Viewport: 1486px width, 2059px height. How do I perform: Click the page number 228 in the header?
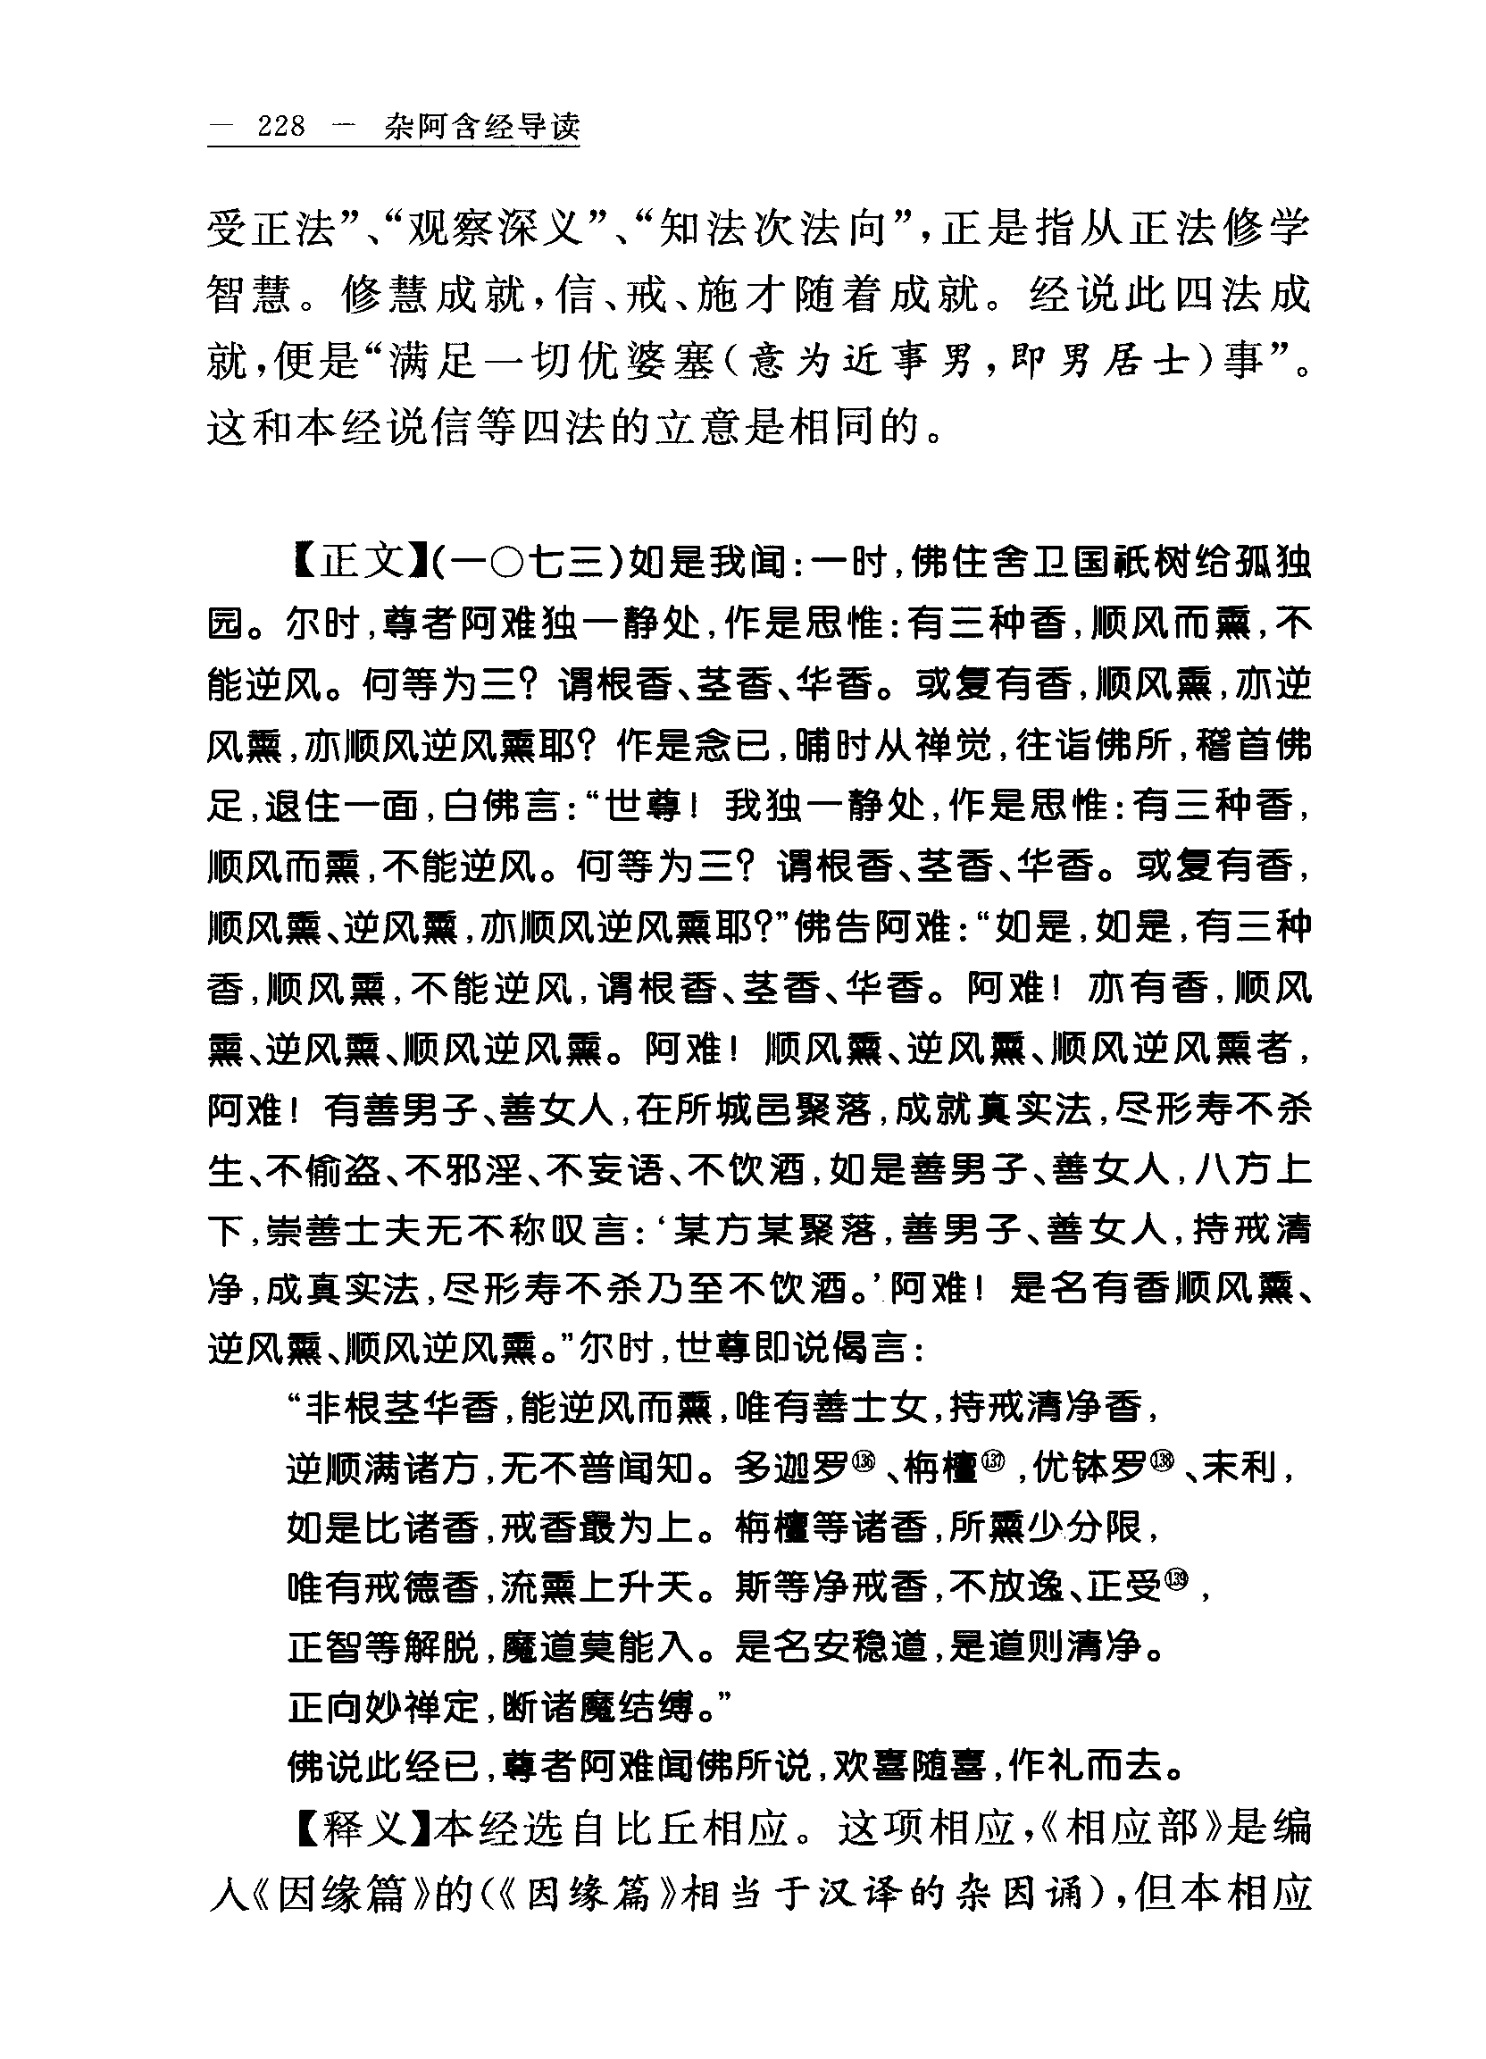point(281,126)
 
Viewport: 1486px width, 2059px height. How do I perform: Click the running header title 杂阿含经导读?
point(481,126)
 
